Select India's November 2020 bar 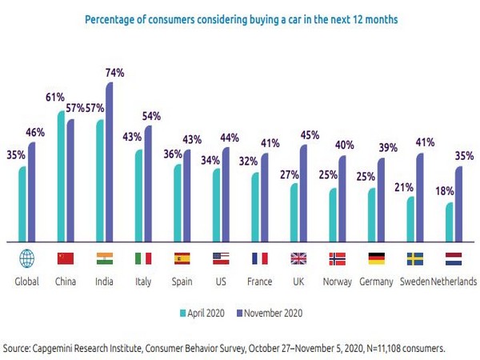tap(110, 160)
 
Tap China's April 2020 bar tap(61, 176)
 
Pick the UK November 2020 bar tap(304, 192)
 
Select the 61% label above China tap(54, 97)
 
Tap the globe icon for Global tap(27, 258)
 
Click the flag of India tap(105, 258)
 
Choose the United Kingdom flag tap(299, 258)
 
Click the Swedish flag tap(415, 258)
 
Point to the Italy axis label tap(144, 282)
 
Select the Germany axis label tap(376, 282)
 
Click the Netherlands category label tap(454, 282)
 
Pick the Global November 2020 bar tap(32, 191)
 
